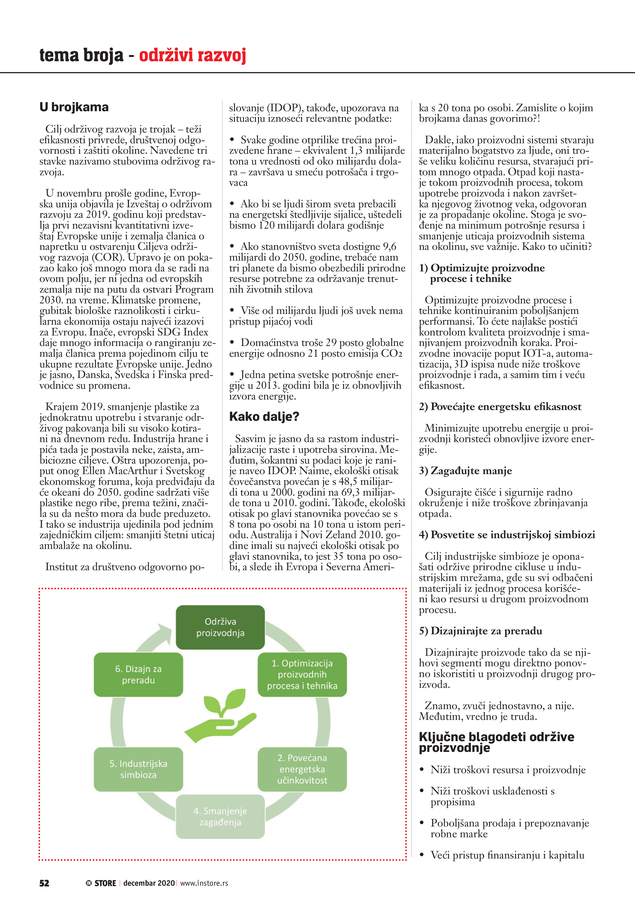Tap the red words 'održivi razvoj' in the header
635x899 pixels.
(x=193, y=55)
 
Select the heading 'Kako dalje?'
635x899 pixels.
(x=264, y=416)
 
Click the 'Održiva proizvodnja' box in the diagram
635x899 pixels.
(x=220, y=627)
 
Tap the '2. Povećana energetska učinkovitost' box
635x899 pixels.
(x=302, y=769)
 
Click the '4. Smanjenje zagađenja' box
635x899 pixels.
(x=220, y=816)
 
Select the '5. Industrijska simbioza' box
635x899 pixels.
(x=138, y=769)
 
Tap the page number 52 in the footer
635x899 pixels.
(x=44, y=883)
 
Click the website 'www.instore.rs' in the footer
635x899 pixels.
(x=204, y=883)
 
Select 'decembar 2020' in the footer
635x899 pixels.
(x=149, y=883)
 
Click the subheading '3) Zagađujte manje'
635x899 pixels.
(x=465, y=471)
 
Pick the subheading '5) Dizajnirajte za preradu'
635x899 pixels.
(x=480, y=631)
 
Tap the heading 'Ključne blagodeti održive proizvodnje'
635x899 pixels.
(x=496, y=742)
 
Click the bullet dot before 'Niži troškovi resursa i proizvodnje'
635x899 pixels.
(x=422, y=769)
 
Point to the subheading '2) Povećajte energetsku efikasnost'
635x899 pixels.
(x=500, y=407)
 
